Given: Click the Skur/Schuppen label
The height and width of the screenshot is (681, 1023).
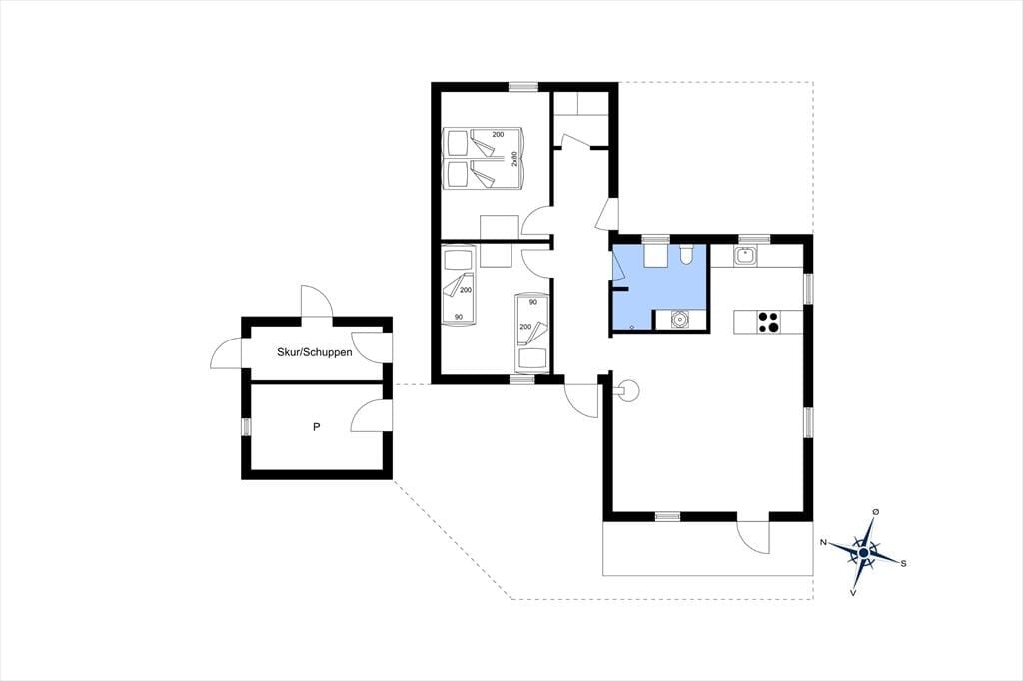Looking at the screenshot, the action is click(315, 352).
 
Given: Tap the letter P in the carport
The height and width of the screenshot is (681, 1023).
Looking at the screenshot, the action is click(317, 428).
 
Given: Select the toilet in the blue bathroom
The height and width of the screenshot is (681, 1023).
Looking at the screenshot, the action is click(685, 254).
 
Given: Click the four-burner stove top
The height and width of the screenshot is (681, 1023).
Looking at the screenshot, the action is click(768, 323).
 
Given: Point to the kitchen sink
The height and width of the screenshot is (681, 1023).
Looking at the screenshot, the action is click(745, 255).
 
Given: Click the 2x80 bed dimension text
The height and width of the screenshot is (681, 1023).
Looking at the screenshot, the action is click(514, 160).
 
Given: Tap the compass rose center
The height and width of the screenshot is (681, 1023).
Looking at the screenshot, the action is click(864, 553).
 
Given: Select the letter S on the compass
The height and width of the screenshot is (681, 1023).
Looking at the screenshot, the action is click(903, 564).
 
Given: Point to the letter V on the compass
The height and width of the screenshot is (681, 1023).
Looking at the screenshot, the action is click(853, 593).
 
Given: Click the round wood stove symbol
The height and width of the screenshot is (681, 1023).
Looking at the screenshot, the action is click(629, 391).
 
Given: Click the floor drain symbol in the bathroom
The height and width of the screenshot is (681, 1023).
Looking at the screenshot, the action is click(632, 325).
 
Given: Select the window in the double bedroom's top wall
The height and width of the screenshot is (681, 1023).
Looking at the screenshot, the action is click(523, 86).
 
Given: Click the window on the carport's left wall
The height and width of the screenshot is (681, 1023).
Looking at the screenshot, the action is click(246, 426).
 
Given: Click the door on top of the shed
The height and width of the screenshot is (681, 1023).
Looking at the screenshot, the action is click(317, 302).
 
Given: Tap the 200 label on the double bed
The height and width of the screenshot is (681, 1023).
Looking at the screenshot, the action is click(498, 135).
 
